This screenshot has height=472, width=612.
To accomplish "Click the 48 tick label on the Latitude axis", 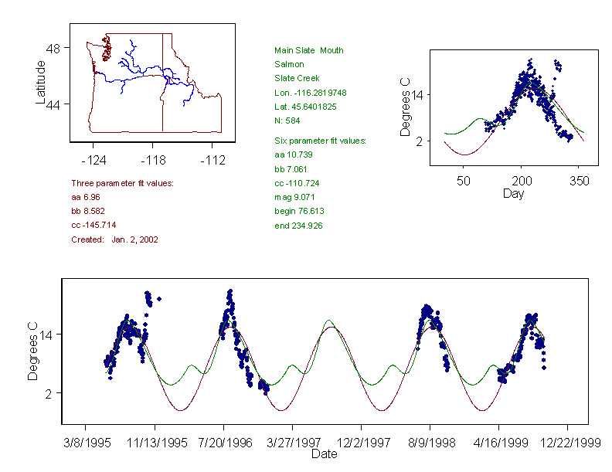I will [x=54, y=48].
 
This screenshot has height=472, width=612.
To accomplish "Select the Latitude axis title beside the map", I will [x=41, y=82].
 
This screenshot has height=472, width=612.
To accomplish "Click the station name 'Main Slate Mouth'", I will [x=309, y=50].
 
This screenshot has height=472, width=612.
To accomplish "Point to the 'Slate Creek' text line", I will [x=297, y=78].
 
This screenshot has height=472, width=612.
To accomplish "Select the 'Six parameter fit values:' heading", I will [x=321, y=141].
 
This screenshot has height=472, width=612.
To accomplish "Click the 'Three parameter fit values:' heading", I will [x=122, y=183].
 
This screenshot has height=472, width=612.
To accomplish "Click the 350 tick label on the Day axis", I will [x=580, y=181].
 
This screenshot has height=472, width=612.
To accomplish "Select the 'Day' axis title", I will [x=513, y=193].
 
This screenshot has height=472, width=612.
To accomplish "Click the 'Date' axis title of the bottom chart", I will [x=325, y=454].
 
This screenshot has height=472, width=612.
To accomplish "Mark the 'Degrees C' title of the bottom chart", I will [x=33, y=351].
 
